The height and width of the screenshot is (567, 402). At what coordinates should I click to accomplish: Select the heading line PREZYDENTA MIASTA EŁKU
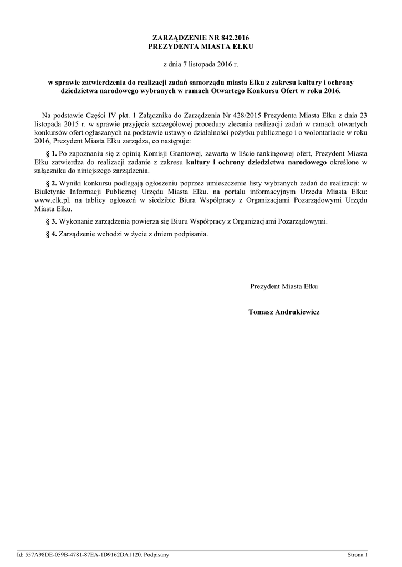click(x=201, y=47)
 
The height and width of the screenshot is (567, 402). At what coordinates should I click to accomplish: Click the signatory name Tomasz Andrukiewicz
click(x=284, y=312)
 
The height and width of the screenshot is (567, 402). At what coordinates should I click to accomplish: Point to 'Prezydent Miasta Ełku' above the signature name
click(x=284, y=287)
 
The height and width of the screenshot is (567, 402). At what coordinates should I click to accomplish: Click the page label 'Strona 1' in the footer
click(x=357, y=554)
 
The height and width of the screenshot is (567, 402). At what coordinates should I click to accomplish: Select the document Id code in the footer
click(x=80, y=554)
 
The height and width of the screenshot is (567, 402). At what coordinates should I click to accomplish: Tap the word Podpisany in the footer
click(x=156, y=554)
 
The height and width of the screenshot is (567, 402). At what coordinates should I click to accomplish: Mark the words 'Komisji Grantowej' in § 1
click(x=144, y=152)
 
